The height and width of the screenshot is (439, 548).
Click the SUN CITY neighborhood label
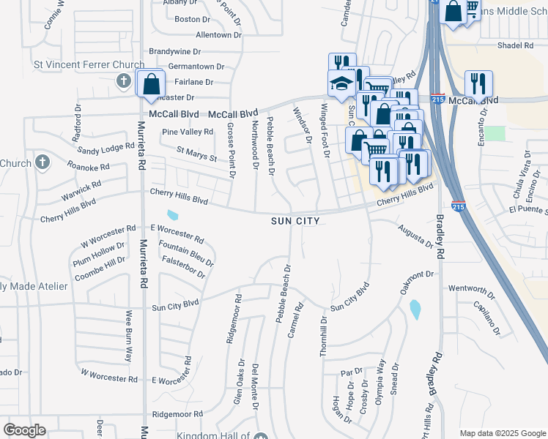pyautogui.click(x=295, y=220)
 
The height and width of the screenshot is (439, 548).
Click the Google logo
pyautogui.click(x=24, y=430)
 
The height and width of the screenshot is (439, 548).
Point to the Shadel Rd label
pyautogui.click(x=515, y=45)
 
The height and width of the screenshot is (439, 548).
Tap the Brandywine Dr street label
pyautogui.click(x=174, y=52)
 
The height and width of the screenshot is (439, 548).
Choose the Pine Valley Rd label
pyautogui.click(x=187, y=132)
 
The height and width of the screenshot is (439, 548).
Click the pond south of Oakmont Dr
pyautogui.click(x=415, y=309)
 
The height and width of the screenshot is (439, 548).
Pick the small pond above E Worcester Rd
pyautogui.click(x=172, y=215)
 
